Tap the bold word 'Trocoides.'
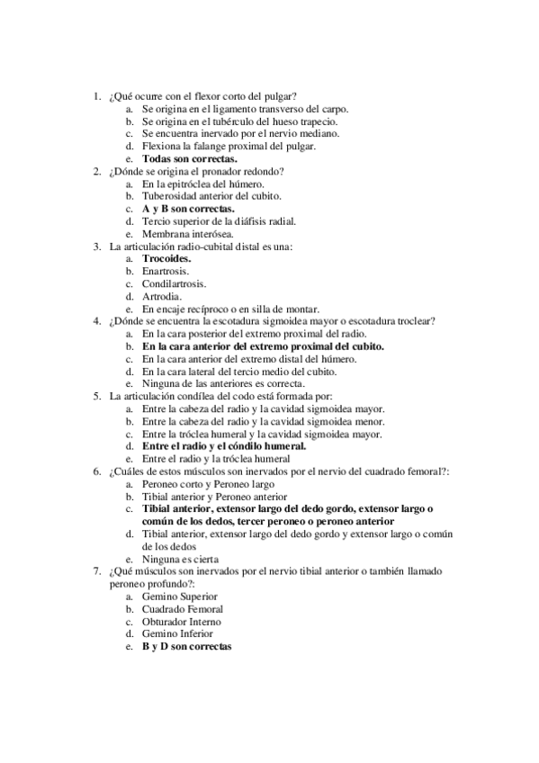pos(166,257)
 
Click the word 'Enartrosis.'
pos(166,270)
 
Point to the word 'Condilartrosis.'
pos(174,283)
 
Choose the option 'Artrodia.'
pos(162,295)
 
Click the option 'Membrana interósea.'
pos(187,233)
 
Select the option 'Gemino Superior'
pos(180,597)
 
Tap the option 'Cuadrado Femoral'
pos(183,609)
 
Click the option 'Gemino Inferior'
pos(178,634)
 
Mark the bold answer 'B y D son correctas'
pos(187,647)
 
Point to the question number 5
pos(97,395)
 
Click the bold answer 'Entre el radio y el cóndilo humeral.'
pos(224,445)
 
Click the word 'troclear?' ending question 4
pos(414,320)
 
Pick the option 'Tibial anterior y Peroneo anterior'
pos(215,496)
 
